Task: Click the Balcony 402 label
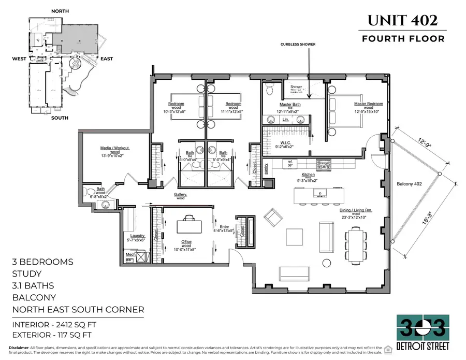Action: [x=412, y=184]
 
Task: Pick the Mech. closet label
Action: [x=130, y=255]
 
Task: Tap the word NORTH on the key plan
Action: [x=62, y=11]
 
